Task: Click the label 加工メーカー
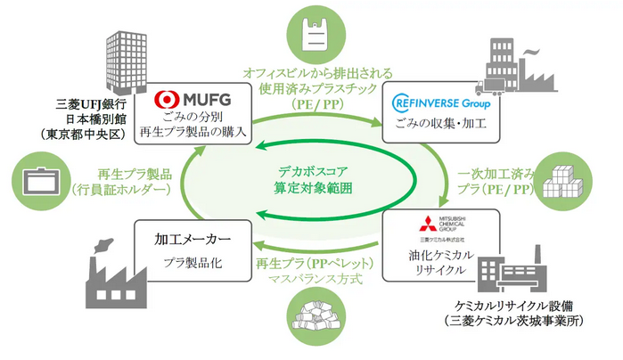click(x=185, y=239)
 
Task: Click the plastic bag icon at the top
click(x=311, y=32)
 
